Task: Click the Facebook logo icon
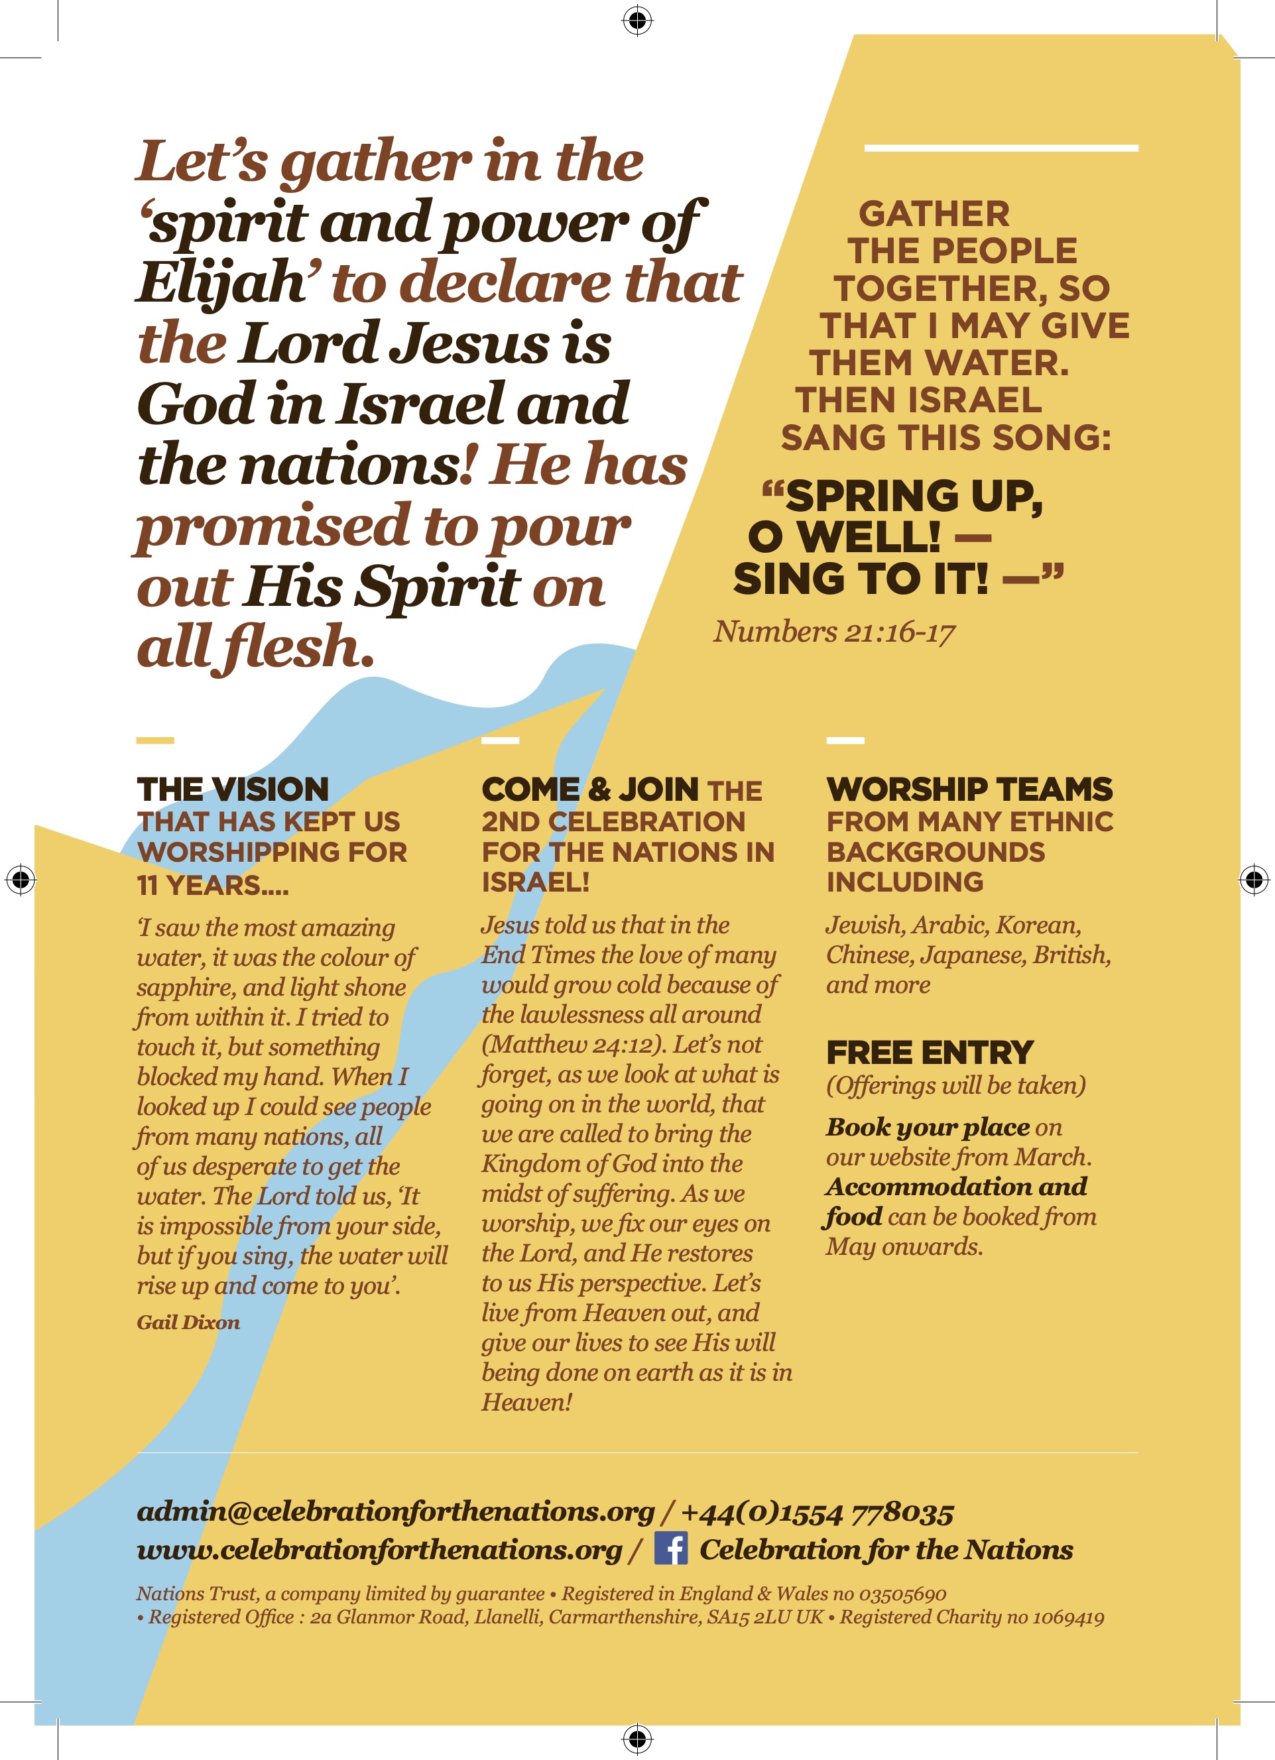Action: (x=670, y=1548)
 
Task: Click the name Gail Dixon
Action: (x=188, y=1322)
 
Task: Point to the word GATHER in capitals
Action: (x=934, y=213)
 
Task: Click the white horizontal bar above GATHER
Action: (x=1001, y=147)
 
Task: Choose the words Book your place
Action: (x=928, y=1127)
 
